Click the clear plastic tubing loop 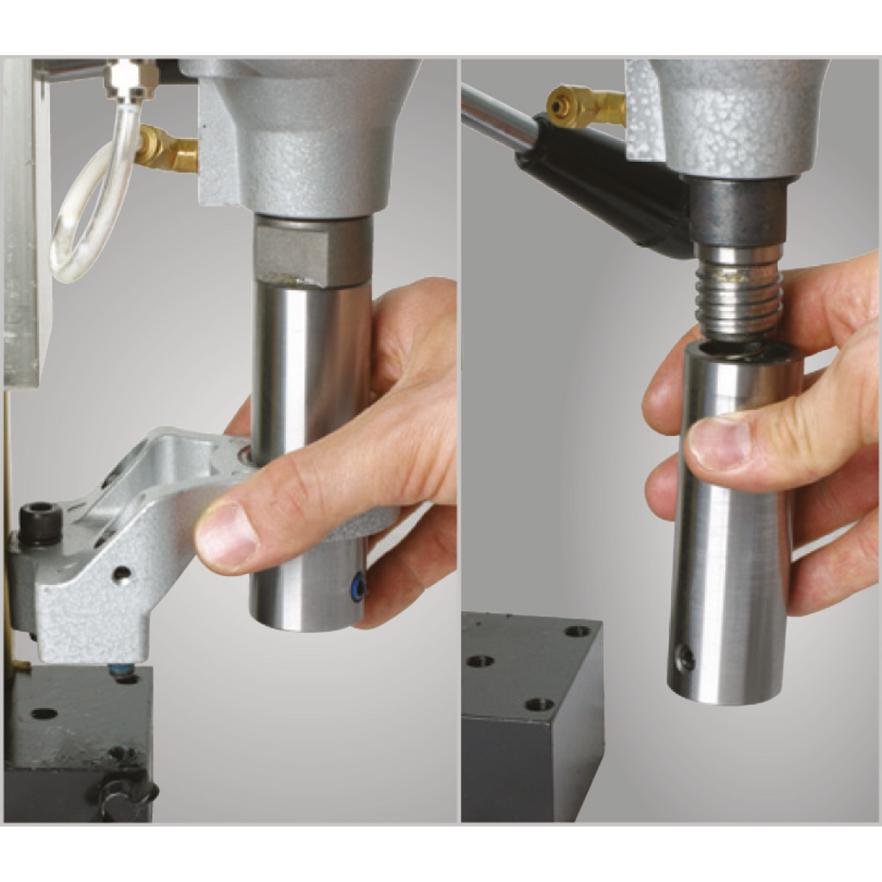(x=82, y=215)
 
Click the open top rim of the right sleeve (x=742, y=350)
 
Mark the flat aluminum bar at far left (x=21, y=224)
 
